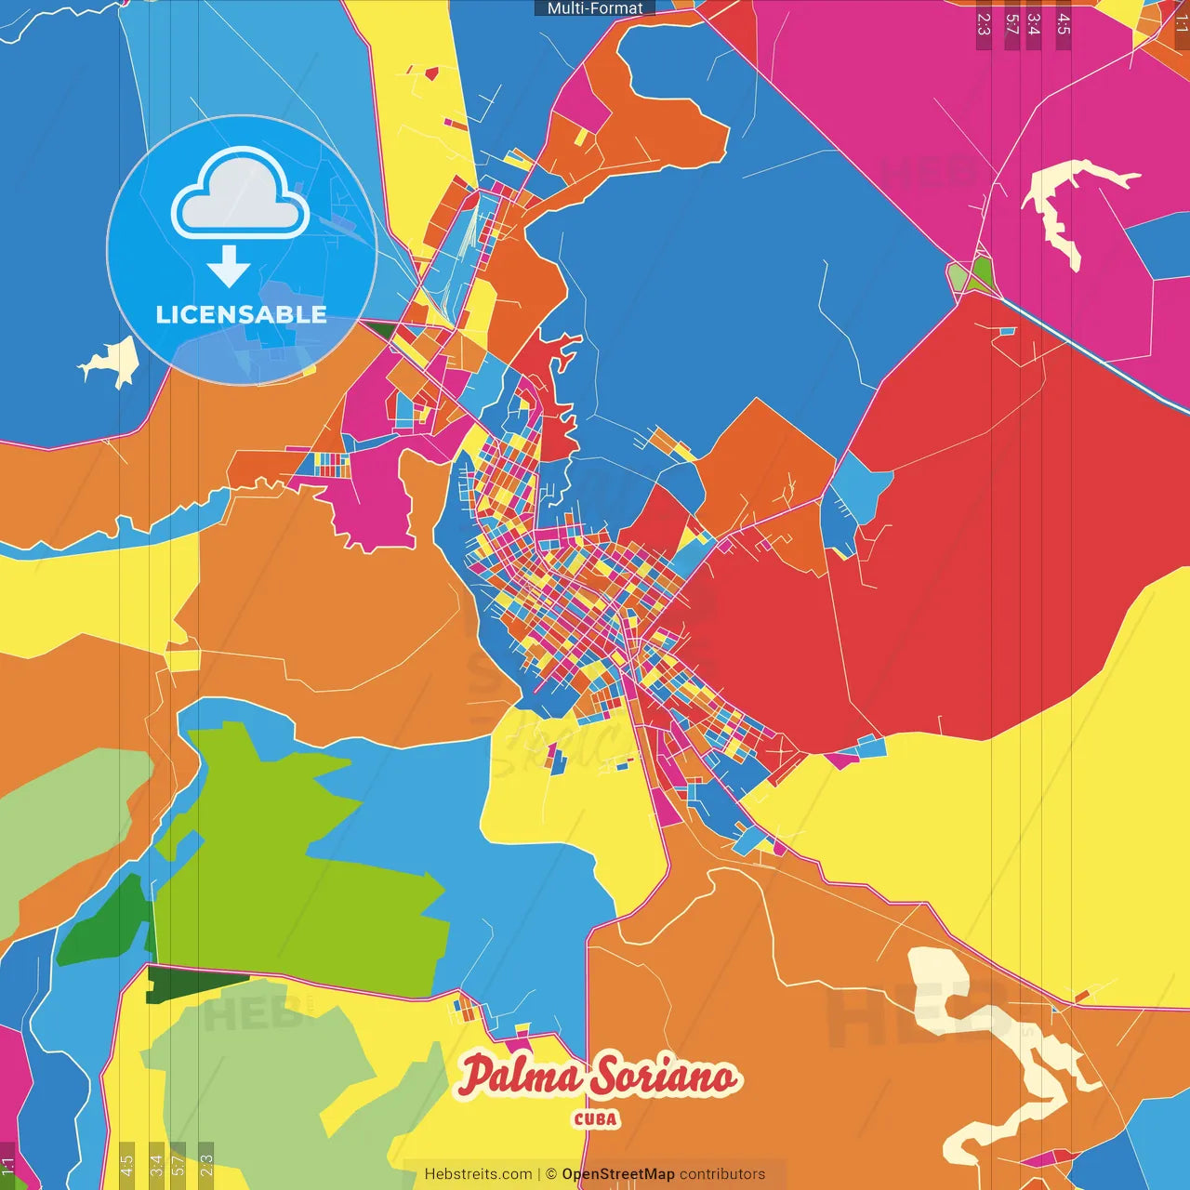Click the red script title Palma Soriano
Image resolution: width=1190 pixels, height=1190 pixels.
598,1077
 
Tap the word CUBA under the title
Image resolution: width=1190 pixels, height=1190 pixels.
596,1119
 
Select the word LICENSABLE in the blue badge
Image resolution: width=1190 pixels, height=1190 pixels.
241,314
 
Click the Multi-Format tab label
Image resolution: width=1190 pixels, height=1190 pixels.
595,8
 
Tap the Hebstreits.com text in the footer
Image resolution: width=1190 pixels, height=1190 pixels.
478,1174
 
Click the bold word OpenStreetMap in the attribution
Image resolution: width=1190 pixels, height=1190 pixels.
618,1174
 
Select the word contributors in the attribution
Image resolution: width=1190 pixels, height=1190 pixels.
722,1174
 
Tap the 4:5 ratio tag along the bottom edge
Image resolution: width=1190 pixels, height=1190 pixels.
126,1163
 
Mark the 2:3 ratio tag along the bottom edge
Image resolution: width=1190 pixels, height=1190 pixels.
206,1163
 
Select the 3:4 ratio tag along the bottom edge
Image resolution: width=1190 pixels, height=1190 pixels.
156,1163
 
